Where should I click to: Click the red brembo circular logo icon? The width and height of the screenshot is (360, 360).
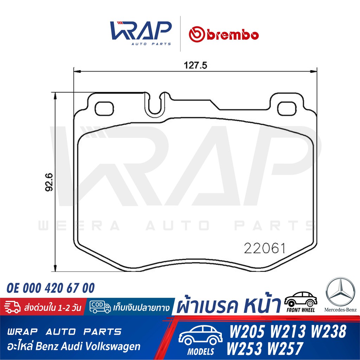click(197, 34)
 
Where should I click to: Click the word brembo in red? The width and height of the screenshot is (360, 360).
click(233, 35)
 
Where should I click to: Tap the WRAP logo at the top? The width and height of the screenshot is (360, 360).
click(141, 33)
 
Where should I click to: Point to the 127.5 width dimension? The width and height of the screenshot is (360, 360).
click(195, 65)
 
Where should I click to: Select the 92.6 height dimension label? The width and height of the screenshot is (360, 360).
click(49, 182)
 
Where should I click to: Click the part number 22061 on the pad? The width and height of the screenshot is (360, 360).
click(264, 248)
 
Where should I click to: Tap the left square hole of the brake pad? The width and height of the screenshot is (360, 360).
click(104, 109)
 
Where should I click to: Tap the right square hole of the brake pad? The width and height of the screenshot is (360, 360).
click(287, 109)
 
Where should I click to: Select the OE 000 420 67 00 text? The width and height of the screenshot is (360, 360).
click(51, 288)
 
